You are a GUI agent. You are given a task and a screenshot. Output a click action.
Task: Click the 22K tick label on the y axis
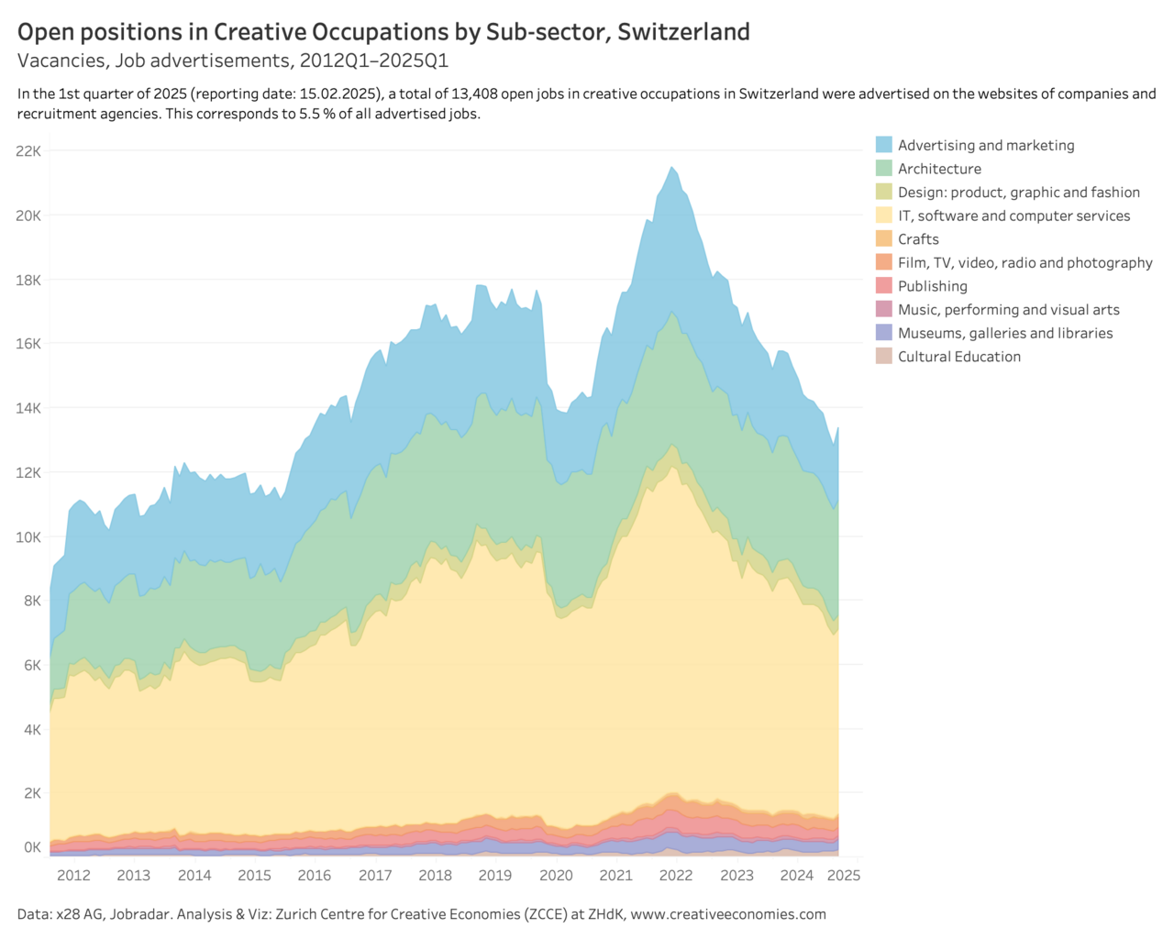coord(28,150)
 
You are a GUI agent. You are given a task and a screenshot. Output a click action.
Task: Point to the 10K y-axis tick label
coord(28,536)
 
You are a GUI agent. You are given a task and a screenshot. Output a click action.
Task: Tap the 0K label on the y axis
coord(32,847)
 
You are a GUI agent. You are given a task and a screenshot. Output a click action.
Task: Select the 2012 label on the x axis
coord(73,875)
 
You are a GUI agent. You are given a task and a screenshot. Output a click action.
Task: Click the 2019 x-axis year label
coord(495,875)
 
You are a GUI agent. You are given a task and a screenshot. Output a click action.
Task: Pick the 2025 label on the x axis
coord(844,875)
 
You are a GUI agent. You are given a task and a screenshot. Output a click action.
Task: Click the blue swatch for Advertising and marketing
coord(884,145)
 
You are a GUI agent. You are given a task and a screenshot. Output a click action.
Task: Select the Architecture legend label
coord(939,169)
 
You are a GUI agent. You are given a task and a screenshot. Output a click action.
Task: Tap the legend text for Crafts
coord(918,239)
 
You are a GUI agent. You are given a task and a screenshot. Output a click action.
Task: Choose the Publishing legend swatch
coord(884,286)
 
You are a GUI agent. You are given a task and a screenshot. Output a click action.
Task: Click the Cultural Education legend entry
coord(958,357)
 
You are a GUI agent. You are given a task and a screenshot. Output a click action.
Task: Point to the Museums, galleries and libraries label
coord(1005,333)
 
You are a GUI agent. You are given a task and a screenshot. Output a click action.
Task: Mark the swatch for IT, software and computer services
coord(884,215)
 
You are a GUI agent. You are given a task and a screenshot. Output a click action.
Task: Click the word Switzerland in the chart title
coord(683,32)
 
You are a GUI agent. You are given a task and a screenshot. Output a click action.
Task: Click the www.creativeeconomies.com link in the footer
coord(728,914)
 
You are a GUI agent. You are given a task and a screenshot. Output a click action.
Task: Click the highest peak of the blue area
coord(671,168)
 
